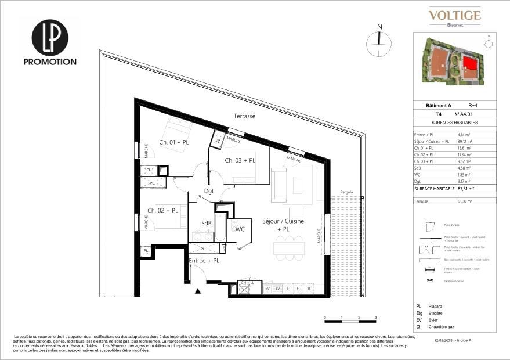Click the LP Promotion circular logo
coord(49,37)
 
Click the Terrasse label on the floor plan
coord(244,116)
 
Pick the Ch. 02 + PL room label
coord(162,210)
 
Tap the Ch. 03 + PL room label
coord(240,160)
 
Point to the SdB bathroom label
coord(207,224)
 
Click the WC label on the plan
coord(240,229)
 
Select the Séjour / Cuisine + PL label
coord(283,225)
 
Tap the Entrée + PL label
coord(204,261)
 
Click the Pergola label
coord(347,191)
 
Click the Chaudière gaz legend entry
coord(442,327)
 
